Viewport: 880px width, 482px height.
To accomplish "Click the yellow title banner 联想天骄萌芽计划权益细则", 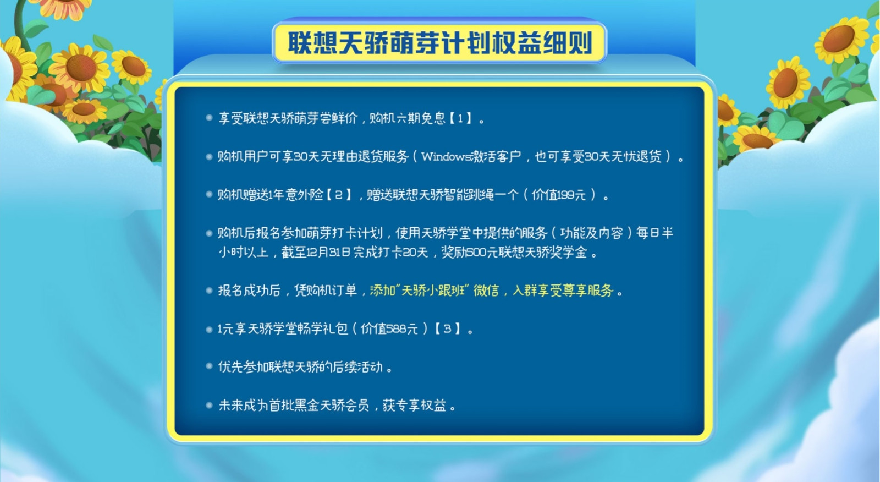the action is pos(439,43).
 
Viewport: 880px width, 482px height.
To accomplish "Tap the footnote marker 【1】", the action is pos(460,118).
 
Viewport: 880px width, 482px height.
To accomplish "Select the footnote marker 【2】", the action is pos(339,195).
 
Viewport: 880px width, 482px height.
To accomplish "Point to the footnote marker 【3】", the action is pos(447,328).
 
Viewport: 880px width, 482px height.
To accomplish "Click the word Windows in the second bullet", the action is pos(446,157).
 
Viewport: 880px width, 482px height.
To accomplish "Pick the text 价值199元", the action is pos(559,195).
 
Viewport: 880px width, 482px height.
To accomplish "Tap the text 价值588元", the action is pos(389,328).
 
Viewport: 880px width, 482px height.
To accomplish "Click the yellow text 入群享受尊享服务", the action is pos(563,291).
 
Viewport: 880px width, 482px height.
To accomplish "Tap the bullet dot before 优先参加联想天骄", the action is pos(210,366).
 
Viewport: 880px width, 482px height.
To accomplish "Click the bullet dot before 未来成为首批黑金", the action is pos(210,405).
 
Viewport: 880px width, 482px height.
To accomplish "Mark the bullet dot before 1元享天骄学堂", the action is pos(210,329).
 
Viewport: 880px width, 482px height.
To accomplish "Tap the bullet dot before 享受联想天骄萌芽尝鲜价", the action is pos(210,118).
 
